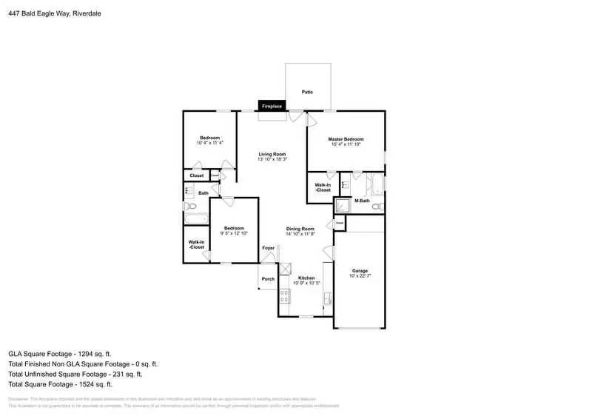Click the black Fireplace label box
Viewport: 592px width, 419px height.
(272, 107)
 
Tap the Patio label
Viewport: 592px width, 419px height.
(307, 92)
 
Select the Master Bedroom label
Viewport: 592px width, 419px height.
(346, 139)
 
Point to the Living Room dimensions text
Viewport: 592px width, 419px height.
(272, 160)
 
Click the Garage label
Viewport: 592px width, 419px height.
(360, 271)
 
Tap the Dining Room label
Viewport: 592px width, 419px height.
(301, 229)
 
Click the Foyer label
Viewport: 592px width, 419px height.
(268, 248)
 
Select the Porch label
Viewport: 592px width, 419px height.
(268, 279)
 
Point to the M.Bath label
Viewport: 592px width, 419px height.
(362, 201)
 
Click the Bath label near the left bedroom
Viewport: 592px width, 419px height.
(203, 192)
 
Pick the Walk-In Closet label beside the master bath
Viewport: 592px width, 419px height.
(323, 187)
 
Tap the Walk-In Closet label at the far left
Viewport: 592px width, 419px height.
(196, 244)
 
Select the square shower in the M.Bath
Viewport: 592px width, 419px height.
(343, 206)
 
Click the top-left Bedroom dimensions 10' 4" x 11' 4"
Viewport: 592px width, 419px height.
(210, 143)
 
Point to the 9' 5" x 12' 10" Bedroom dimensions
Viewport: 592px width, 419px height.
(234, 234)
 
